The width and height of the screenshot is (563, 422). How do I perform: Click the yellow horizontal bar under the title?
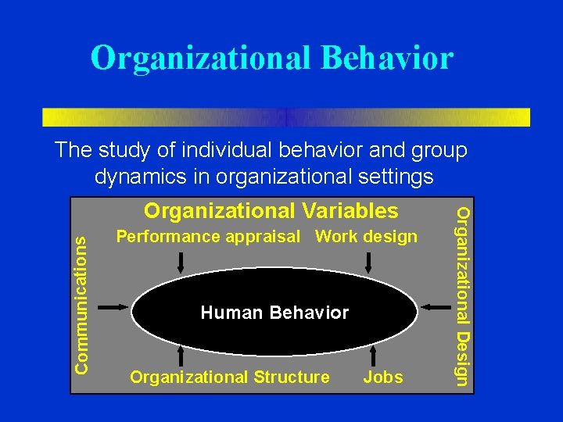click(x=285, y=117)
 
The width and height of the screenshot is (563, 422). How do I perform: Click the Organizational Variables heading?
click(x=271, y=211)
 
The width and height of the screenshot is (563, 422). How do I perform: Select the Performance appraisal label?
click(x=207, y=236)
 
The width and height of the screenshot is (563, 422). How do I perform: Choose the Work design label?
click(x=366, y=236)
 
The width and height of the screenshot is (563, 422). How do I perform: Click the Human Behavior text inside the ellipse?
click(x=274, y=313)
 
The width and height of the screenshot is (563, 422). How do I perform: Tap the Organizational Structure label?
click(x=230, y=377)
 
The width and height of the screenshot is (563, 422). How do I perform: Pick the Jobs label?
click(x=383, y=377)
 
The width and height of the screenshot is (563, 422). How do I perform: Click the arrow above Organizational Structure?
click(x=181, y=356)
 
